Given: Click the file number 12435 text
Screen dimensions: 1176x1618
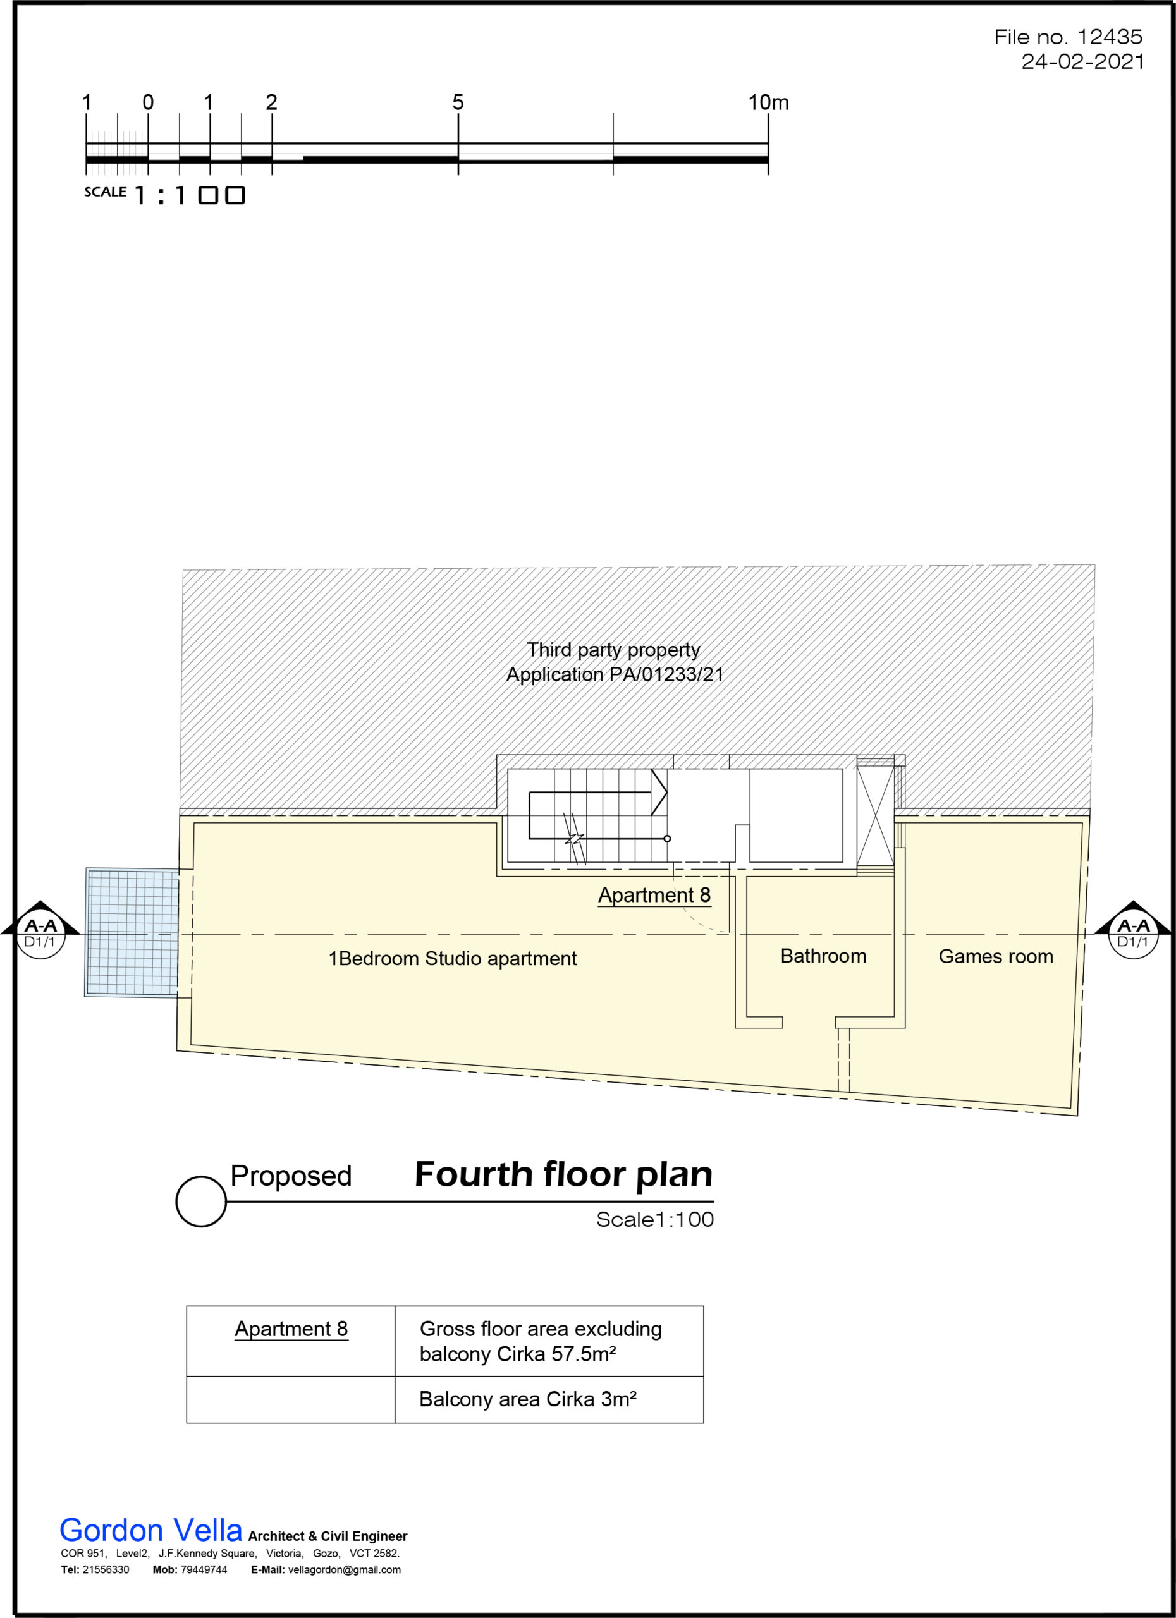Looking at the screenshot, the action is coord(1069,37).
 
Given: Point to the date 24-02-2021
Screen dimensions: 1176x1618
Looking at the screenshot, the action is coord(1082,61).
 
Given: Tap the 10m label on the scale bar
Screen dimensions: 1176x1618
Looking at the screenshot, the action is coord(769,103).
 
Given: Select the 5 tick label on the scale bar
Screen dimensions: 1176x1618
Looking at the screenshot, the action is coord(458,103).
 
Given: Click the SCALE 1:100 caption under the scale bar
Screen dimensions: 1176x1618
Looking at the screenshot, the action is coord(165,194).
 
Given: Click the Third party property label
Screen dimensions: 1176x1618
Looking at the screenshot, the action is coord(614,650).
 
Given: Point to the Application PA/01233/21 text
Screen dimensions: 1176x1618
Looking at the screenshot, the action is coord(615,674).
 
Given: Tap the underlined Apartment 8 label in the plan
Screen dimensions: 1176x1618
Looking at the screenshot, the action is coord(654,896).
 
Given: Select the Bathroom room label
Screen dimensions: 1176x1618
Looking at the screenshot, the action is coord(823,956).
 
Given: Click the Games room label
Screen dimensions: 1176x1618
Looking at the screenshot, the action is coord(995,957).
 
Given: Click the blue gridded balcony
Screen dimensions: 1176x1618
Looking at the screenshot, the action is coord(132,932).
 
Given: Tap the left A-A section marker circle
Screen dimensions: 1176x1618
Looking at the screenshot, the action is coord(40,934).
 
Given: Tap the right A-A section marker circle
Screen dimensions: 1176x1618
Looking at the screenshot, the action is coord(1133,934).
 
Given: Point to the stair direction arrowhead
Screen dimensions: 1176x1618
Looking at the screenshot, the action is coord(659,792).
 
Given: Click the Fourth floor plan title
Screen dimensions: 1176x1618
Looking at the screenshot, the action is coord(564,1174).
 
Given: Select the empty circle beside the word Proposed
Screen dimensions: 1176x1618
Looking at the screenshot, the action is coord(201,1202).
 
